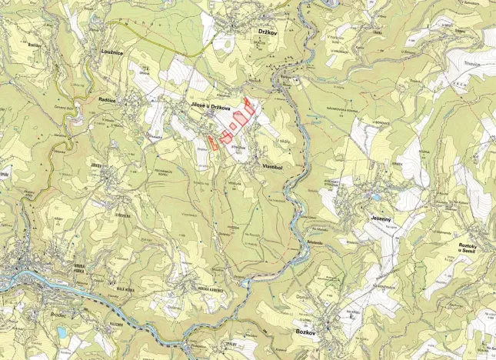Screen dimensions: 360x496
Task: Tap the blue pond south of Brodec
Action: pos(61,332)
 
